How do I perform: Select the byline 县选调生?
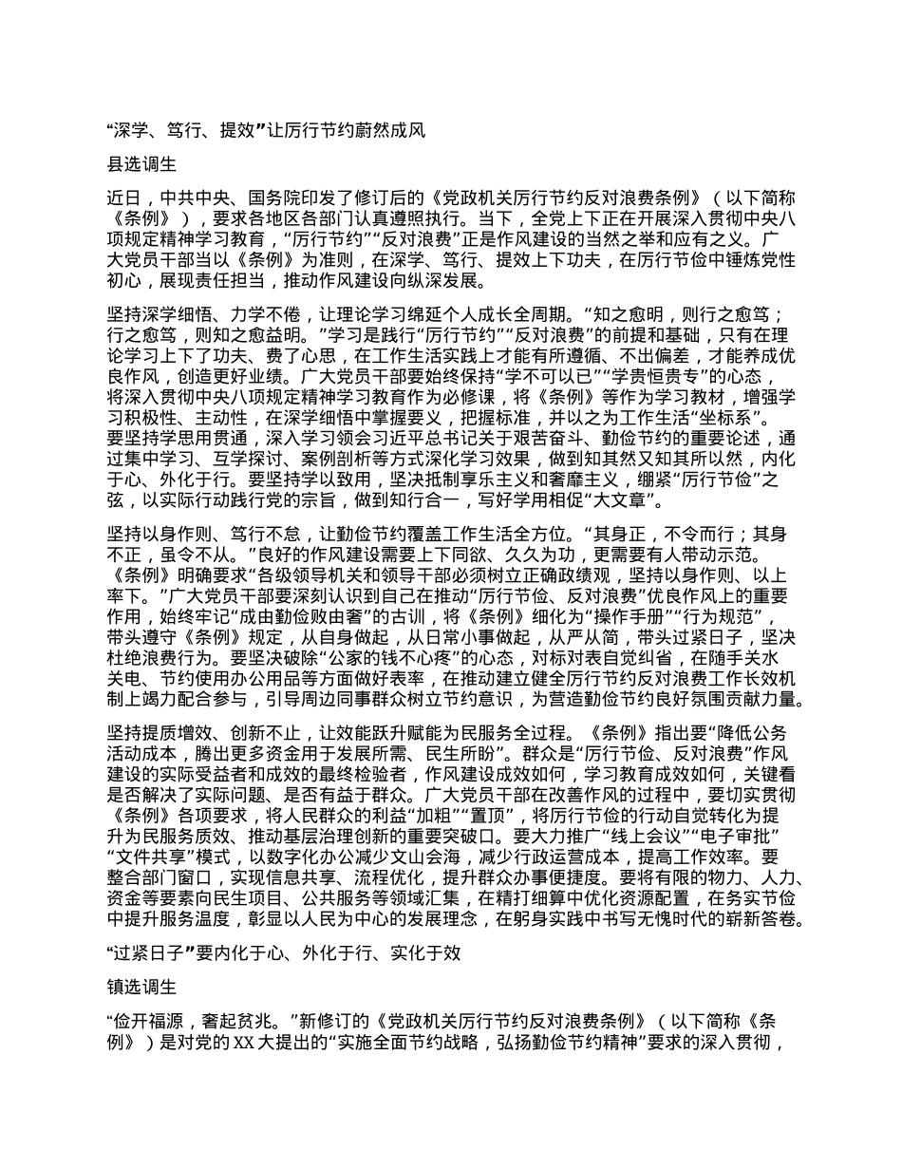tap(141, 163)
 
